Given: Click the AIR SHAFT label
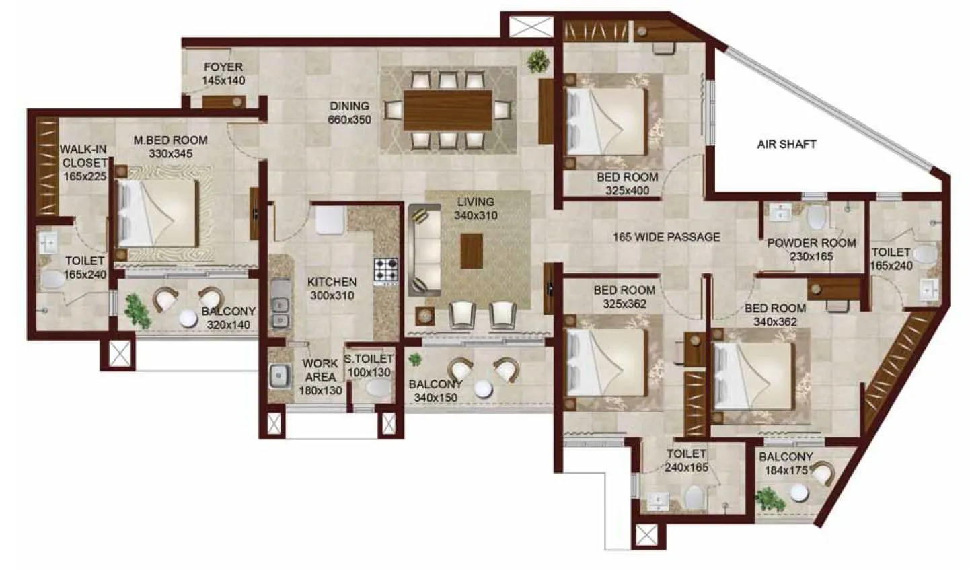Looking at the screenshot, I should [x=786, y=144].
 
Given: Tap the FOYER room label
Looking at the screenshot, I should [x=223, y=67].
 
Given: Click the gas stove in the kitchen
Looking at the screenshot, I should [x=385, y=271].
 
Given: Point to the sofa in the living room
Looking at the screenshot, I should [x=424, y=250].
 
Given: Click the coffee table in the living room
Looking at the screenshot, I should [x=471, y=250].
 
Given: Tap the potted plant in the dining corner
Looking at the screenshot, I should [x=537, y=61].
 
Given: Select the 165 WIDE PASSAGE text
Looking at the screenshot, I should [x=666, y=237].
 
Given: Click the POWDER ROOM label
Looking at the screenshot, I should [x=811, y=242].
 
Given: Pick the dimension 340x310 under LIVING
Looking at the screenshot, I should [x=475, y=216].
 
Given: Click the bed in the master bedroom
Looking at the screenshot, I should [x=157, y=214].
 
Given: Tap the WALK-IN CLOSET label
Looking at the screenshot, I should [x=84, y=155].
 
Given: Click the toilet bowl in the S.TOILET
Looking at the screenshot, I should [x=378, y=388].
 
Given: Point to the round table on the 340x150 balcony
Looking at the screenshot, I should [x=483, y=388].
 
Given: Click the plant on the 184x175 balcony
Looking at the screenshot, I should [x=770, y=499].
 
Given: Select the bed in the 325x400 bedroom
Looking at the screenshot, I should [x=605, y=121].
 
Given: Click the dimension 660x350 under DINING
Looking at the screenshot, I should [x=349, y=120].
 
